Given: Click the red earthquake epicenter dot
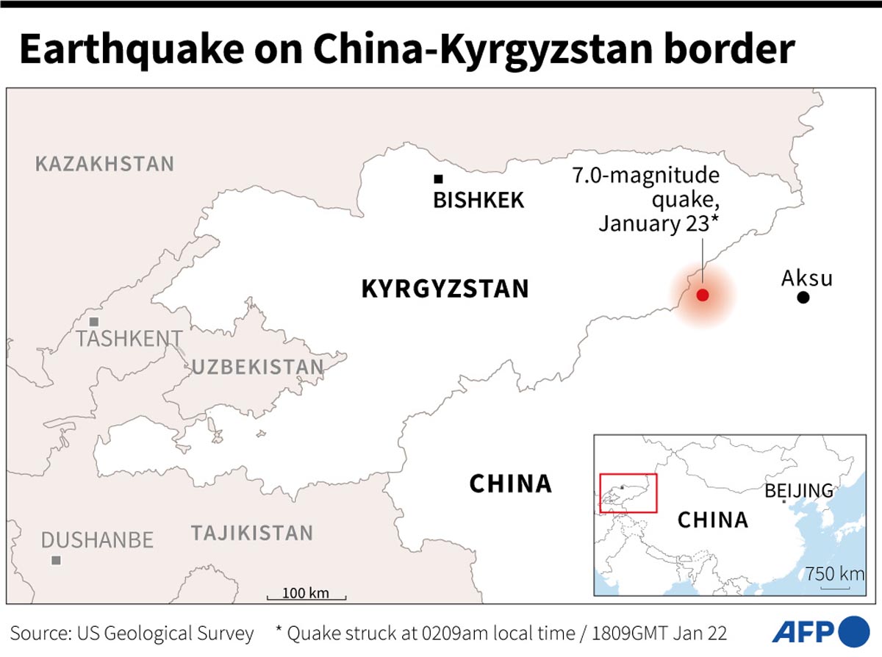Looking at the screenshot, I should pos(703,295).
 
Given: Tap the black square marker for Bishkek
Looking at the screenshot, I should pos(439,179).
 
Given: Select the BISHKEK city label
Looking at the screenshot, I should pos(478,200).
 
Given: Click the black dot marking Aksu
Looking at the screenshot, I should pos(803,298).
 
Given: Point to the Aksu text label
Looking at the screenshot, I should pos(807,279).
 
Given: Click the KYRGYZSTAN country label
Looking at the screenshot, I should pos(445,289).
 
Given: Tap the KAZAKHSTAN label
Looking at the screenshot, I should pos(104,163).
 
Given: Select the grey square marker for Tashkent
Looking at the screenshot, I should pos(94,322).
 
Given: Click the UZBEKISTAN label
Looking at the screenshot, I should pos(257,367).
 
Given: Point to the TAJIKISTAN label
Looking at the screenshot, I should pos(252,533).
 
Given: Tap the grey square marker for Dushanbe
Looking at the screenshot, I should pos(56,560).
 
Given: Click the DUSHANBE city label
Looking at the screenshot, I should pos(97,540).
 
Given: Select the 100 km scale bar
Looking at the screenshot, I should pos(306,597).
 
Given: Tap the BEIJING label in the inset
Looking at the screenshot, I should pos(799,491).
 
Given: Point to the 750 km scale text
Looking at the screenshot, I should pos(834,574).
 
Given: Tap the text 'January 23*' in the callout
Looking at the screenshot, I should pos(653,223).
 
